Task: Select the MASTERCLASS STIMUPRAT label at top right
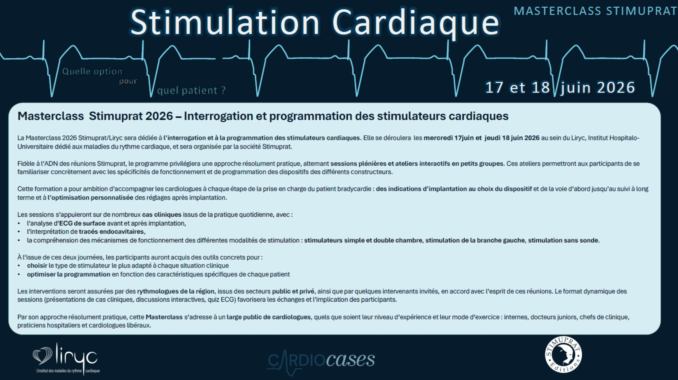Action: click(595, 11)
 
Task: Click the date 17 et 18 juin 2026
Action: click(560, 87)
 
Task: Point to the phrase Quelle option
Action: click(92, 72)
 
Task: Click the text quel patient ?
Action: click(191, 91)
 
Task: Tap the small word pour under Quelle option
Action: click(128, 81)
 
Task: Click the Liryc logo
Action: click(66, 359)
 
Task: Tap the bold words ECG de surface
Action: click(82, 223)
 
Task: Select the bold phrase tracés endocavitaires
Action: click(112, 232)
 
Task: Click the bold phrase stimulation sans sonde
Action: click(564, 240)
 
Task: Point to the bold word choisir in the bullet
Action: click(37, 266)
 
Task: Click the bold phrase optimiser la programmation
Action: click(69, 274)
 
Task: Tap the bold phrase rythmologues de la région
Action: click(176, 291)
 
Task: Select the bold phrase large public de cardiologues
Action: click(269, 317)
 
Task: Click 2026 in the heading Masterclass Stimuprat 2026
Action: click(159, 116)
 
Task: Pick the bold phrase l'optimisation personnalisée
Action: click(90, 198)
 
